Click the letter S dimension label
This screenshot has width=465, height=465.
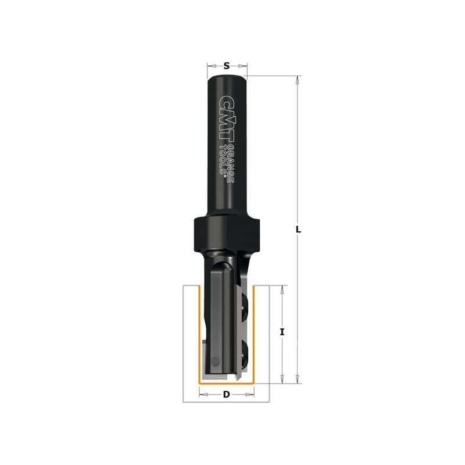pos(227,66)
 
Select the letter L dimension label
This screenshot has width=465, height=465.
pos(299,229)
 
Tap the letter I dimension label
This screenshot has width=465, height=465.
pos(282,332)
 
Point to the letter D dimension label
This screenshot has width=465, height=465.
pos(227,395)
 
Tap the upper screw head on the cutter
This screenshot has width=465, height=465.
pos(245,307)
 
